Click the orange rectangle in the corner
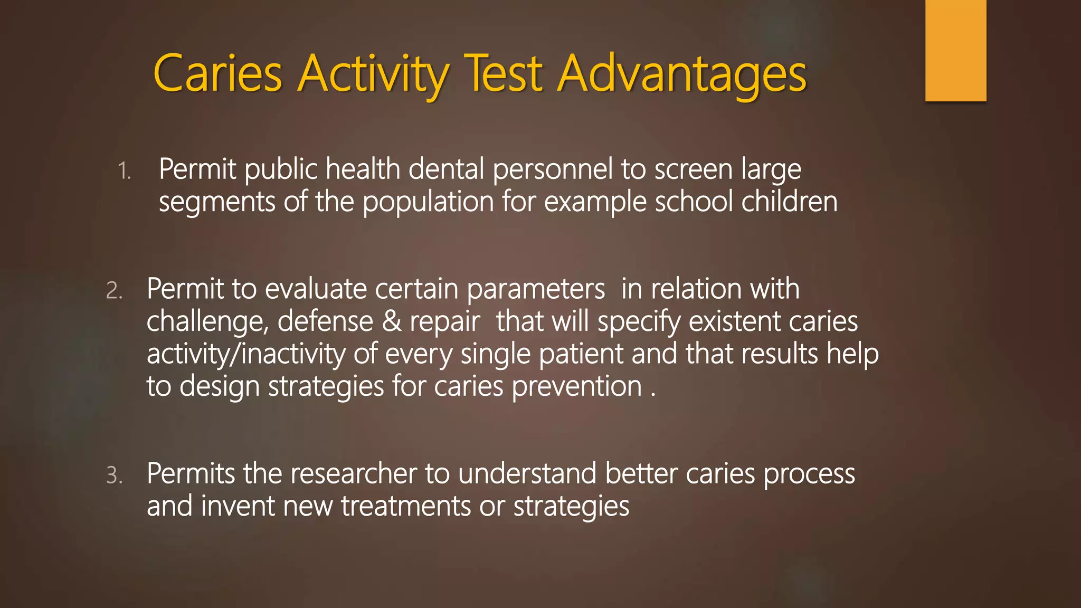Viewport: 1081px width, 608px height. pyautogui.click(x=955, y=50)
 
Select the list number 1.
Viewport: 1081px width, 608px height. pyautogui.click(x=124, y=171)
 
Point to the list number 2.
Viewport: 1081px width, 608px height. pyautogui.click(x=114, y=291)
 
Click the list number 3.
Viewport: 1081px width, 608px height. pyautogui.click(x=114, y=476)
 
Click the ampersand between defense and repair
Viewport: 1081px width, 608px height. pyautogui.click(x=391, y=321)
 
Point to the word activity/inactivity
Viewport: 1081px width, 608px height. pyautogui.click(x=245, y=354)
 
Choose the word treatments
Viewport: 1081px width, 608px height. pyautogui.click(x=406, y=506)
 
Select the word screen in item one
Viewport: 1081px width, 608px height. pyautogui.click(x=693, y=170)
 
